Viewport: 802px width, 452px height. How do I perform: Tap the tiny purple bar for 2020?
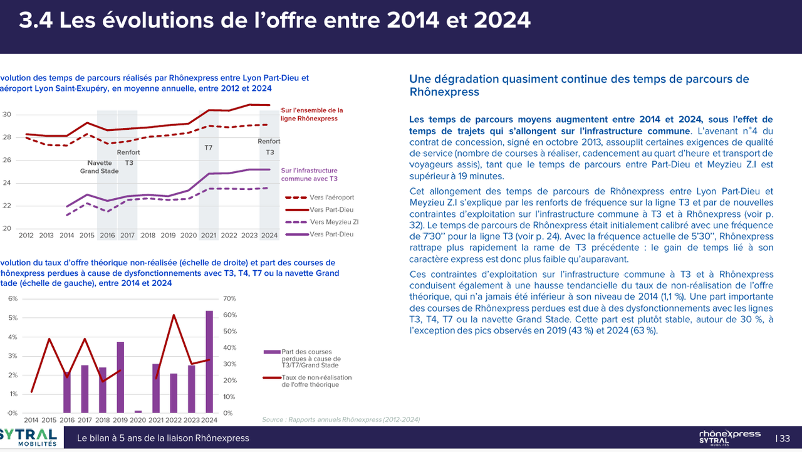point(138,412)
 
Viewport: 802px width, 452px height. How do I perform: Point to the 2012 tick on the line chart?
point(26,235)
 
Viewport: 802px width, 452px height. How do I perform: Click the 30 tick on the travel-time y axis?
point(7,115)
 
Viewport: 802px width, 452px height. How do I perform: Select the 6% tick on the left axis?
point(13,298)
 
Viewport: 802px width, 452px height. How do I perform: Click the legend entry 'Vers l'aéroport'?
point(331,197)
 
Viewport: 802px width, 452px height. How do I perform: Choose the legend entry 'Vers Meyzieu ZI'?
point(334,222)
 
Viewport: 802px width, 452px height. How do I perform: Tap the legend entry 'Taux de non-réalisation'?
point(316,381)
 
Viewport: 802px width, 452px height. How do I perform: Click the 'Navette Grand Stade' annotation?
point(98,167)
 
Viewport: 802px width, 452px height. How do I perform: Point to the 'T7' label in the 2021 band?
point(209,148)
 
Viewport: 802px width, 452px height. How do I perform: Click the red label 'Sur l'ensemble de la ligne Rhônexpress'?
point(311,114)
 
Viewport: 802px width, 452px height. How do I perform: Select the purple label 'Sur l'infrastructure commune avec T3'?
point(309,174)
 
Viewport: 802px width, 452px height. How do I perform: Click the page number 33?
point(784,439)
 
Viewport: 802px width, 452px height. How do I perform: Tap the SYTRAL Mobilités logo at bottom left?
point(29,437)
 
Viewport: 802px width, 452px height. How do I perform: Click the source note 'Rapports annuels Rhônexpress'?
point(341,419)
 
